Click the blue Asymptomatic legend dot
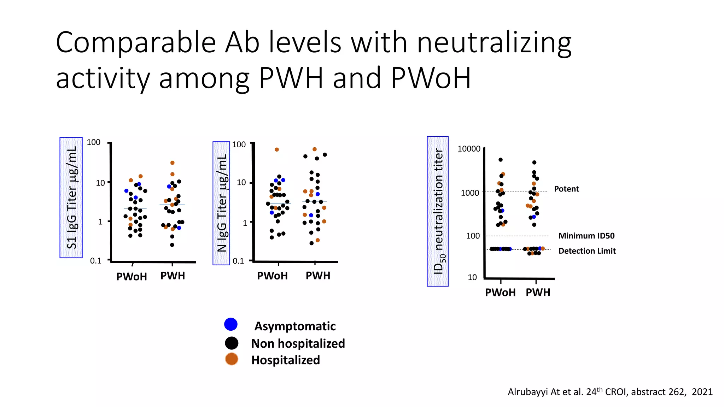point(231,324)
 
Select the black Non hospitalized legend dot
point(232,343)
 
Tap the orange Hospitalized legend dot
point(232,359)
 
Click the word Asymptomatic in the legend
point(295,326)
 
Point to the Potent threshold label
point(566,189)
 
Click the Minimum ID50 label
point(586,236)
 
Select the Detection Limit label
point(587,251)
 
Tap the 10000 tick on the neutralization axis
point(469,149)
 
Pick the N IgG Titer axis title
point(221,203)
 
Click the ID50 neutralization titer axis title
point(438,211)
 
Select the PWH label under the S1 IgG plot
point(173,276)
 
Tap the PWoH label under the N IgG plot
point(272,276)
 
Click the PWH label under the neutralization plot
point(538,293)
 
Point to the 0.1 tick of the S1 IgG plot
point(95,261)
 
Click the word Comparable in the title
point(136,42)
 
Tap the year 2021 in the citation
point(702,392)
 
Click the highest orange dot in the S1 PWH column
point(173,163)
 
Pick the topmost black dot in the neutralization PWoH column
point(501,160)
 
